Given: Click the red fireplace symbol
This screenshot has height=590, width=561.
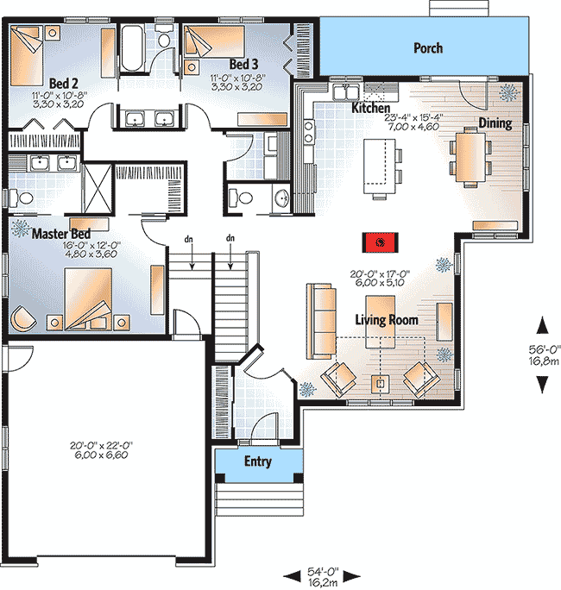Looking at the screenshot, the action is [x=381, y=242].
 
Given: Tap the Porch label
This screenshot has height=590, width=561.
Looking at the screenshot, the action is [x=428, y=48].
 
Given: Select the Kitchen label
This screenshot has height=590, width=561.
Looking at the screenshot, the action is [x=370, y=108].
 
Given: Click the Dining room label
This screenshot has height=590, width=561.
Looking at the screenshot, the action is [x=495, y=123].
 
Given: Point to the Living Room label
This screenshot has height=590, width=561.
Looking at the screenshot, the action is [x=387, y=320].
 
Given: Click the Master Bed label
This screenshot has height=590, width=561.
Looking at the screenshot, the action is [x=61, y=234].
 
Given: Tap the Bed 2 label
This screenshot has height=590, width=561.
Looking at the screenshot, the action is [x=64, y=83].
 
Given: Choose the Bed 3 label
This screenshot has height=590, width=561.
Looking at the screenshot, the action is [x=243, y=64].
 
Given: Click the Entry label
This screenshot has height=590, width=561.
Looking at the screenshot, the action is [x=258, y=461].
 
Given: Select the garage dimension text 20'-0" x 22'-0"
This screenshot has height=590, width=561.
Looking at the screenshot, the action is [x=101, y=445].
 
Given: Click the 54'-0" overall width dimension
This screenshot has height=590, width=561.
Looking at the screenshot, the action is [x=323, y=572].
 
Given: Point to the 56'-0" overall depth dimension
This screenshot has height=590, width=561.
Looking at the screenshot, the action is [x=544, y=349].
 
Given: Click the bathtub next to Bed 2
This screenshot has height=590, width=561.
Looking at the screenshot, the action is [x=133, y=47].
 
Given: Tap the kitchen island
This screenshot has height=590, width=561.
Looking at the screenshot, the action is [x=379, y=166].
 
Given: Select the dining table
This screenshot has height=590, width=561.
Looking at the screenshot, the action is [x=470, y=157].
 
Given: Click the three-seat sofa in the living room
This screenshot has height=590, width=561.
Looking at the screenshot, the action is [x=321, y=321].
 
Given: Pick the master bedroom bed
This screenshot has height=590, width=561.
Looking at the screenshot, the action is [x=88, y=298].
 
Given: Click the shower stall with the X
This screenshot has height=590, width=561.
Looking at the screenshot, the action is [x=98, y=188].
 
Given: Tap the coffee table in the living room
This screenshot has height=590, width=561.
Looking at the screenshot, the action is [x=381, y=322].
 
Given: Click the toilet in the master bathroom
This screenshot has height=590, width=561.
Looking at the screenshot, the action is [x=22, y=198].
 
